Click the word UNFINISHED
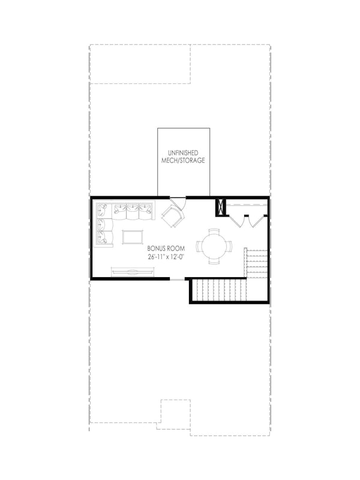[x=183, y=153]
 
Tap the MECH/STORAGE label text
[x=183, y=160]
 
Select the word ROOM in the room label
[x=176, y=248]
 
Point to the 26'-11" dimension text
[x=156, y=257]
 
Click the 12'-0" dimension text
[x=177, y=257]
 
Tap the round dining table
[x=214, y=246]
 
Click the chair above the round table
[x=214, y=232]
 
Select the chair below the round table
[x=214, y=261]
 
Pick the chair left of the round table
[x=199, y=246]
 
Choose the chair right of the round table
[x=229, y=246]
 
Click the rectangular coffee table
[x=133, y=236]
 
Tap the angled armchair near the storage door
[x=173, y=217]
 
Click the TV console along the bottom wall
[x=133, y=272]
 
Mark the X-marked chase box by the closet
[x=220, y=207]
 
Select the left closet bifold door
[x=238, y=221]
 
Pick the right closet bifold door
[x=257, y=221]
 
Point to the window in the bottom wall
[x=178, y=279]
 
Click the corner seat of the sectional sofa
[x=103, y=210]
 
